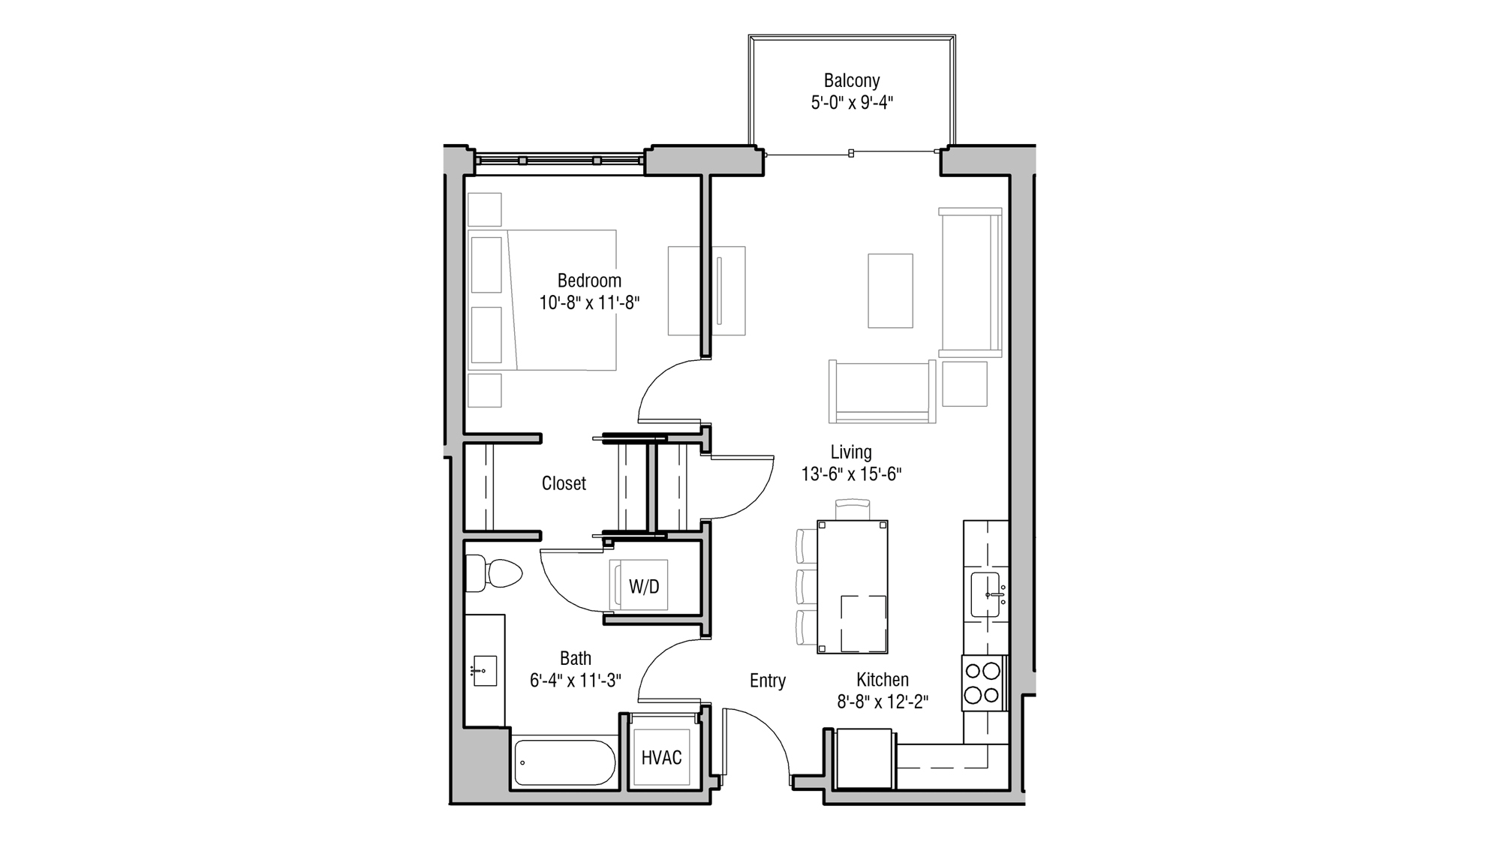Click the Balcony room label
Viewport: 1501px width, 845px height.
[851, 80]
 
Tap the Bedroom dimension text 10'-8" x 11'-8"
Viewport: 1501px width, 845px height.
[589, 303]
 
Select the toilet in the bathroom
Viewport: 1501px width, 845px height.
[496, 574]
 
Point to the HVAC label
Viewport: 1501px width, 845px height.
[661, 758]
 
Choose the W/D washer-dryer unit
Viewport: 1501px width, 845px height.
[643, 586]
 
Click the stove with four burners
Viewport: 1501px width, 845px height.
[983, 683]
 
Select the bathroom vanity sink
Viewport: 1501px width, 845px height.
[484, 670]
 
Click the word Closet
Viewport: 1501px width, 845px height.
[564, 483]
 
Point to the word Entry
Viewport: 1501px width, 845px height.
[767, 681]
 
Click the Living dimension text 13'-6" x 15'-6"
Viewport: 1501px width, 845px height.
[851, 474]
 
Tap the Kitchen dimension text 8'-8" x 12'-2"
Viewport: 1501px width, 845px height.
[883, 702]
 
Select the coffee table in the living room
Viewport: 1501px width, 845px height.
[890, 290]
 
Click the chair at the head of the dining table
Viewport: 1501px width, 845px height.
[852, 510]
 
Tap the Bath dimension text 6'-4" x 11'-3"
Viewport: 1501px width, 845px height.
[575, 681]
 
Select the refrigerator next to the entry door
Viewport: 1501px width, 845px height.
[864, 758]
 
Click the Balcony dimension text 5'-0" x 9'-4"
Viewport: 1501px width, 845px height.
[851, 103]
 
